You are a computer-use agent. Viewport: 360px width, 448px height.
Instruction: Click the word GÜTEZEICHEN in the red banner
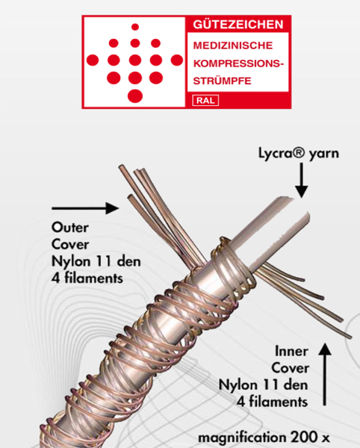click(x=238, y=25)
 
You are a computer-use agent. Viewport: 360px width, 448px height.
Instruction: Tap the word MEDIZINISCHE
click(x=233, y=46)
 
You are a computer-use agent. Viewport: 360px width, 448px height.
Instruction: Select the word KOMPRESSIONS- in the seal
click(x=239, y=63)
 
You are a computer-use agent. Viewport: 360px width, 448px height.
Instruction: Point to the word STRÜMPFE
click(x=223, y=81)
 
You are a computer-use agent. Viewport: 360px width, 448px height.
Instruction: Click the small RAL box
click(x=205, y=101)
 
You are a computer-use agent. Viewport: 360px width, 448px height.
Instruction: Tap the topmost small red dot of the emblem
click(x=135, y=27)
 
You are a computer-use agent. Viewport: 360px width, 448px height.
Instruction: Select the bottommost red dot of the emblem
click(x=135, y=96)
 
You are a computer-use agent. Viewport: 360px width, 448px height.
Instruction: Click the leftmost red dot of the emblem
click(x=93, y=60)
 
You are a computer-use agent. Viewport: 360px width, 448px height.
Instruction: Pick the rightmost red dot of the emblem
click(x=177, y=60)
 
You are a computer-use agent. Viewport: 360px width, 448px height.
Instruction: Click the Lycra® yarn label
click(x=299, y=153)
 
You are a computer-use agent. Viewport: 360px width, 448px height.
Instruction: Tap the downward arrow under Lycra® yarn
click(x=302, y=180)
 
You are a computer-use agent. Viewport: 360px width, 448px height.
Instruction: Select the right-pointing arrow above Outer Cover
click(x=85, y=208)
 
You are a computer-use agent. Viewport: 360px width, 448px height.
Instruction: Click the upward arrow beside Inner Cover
click(x=325, y=374)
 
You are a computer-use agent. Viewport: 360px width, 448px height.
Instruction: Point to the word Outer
click(x=70, y=228)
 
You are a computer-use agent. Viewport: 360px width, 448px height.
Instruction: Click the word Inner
click(x=291, y=352)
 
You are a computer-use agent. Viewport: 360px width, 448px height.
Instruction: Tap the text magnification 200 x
click(x=264, y=438)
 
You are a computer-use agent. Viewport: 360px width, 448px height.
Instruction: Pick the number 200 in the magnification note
click(x=302, y=437)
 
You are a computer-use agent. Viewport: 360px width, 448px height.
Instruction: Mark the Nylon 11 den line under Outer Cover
click(x=96, y=261)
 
